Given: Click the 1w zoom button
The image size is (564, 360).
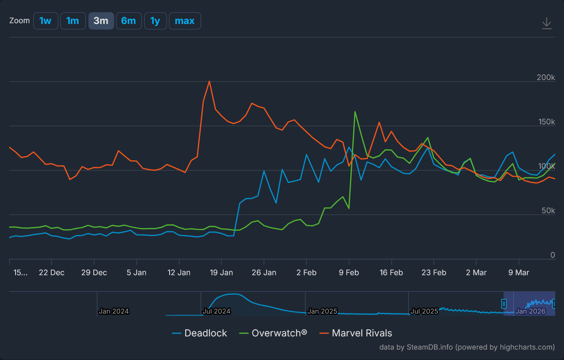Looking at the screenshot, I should tap(46, 21).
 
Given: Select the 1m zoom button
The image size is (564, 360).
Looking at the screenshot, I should tap(73, 21).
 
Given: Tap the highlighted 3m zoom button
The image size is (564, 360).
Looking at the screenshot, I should tap(101, 21).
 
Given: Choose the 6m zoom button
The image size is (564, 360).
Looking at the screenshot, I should tap(128, 21).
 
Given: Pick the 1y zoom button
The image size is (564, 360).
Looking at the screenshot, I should tap(155, 21).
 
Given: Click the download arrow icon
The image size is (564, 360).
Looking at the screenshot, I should tap(546, 23).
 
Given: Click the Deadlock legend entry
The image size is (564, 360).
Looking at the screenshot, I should tap(205, 333).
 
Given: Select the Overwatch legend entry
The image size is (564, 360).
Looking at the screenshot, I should tap(279, 333).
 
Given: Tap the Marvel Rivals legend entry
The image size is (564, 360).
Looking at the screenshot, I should tap(362, 333).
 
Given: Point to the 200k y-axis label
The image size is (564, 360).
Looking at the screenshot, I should tap(546, 78).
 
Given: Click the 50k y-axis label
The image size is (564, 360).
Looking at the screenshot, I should tap(548, 211).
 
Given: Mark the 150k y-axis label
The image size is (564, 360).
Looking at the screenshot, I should tap(546, 122).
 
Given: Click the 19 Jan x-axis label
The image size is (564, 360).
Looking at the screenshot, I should tap(221, 273).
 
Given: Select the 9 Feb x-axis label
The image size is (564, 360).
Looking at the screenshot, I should tap(349, 273).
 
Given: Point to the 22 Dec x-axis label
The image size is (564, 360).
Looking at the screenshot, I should tap(52, 273).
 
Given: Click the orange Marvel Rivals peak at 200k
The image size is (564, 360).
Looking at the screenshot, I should tap(209, 82).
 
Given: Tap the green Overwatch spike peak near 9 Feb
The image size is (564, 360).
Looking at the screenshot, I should tap(355, 112).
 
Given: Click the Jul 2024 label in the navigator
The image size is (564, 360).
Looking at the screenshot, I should tap(216, 311).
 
